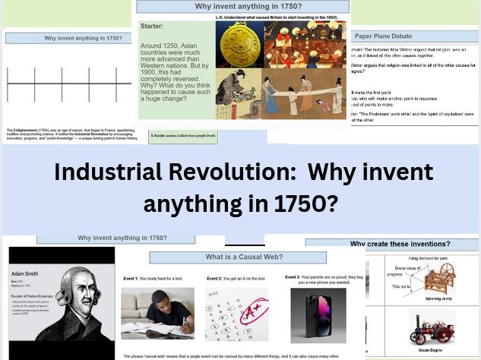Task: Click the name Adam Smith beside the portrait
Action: pos(25,270)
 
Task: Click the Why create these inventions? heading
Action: pos(400,244)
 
